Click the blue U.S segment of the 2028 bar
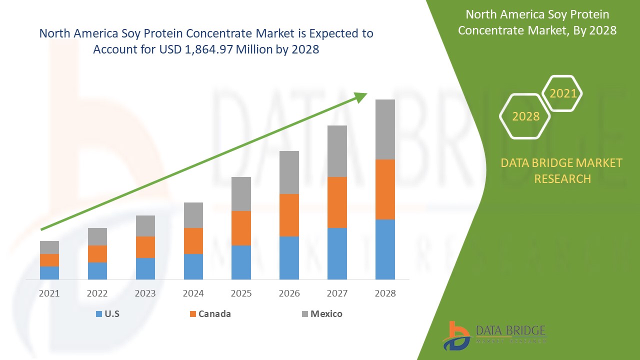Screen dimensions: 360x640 385,249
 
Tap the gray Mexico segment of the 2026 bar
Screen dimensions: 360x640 289,172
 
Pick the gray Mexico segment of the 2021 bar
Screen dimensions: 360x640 49,247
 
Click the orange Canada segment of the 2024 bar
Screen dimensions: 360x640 193,241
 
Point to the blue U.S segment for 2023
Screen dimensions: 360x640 145,268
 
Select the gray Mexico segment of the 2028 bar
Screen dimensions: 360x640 385,129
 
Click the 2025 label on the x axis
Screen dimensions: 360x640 241,293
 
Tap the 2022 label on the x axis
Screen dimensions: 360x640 97,293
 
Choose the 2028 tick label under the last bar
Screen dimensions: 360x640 385,293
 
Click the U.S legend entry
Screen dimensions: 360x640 107,314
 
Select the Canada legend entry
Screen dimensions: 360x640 210,314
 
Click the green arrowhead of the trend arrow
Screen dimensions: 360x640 361,97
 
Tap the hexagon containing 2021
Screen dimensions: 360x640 562,93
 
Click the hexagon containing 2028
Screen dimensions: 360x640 525,116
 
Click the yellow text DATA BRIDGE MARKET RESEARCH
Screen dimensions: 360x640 562,170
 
